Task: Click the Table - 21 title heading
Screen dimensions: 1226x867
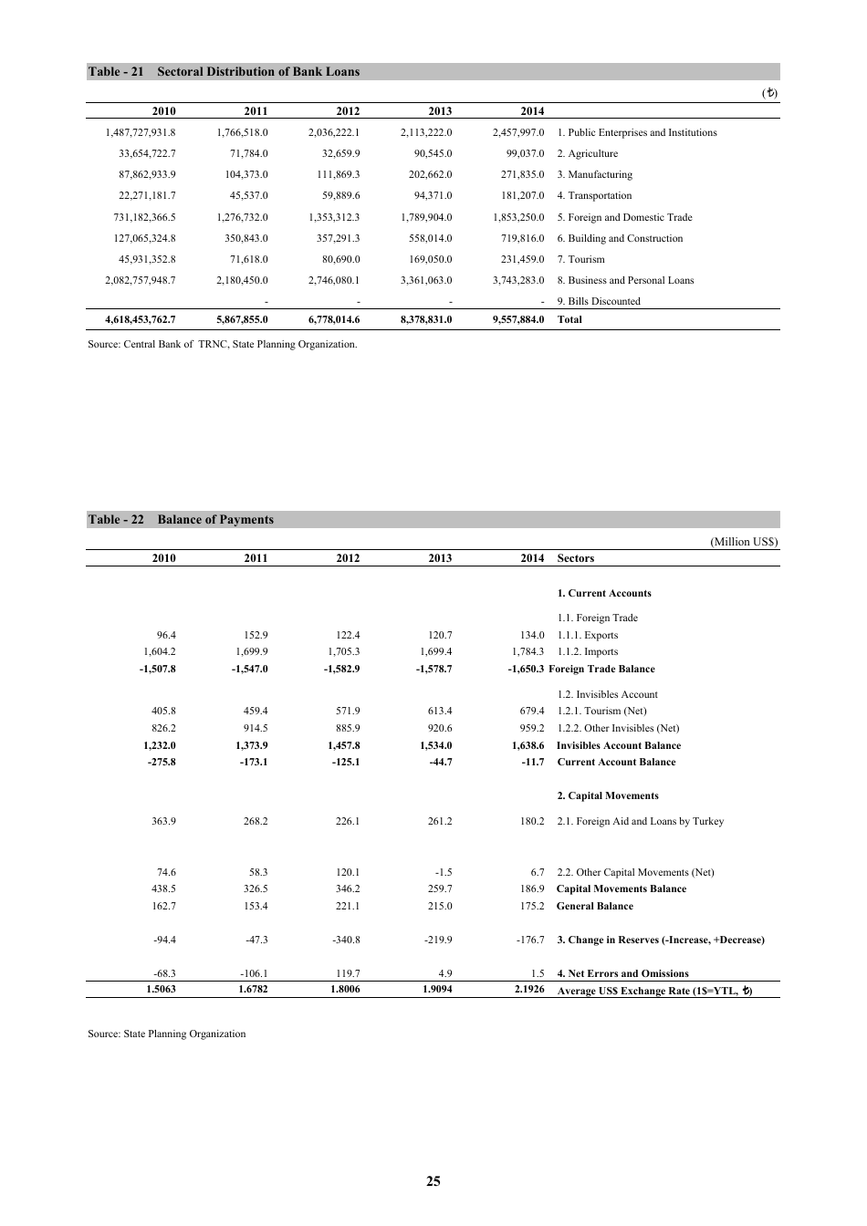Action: click(x=224, y=72)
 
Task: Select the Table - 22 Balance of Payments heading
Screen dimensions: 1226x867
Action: click(x=181, y=520)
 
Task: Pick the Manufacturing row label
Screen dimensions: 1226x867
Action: click(x=594, y=175)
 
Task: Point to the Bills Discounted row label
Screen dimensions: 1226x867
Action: click(x=599, y=302)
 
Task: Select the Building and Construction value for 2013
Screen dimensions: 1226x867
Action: click(x=429, y=239)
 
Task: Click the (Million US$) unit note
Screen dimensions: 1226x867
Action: click(x=744, y=542)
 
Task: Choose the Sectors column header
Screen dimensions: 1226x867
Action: click(x=575, y=559)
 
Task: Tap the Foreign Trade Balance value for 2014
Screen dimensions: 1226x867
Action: click(x=526, y=670)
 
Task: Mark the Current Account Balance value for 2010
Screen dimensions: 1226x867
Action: click(x=162, y=763)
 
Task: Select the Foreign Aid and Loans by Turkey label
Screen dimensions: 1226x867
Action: click(x=640, y=822)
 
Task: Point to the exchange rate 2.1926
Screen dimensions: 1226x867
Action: click(x=529, y=990)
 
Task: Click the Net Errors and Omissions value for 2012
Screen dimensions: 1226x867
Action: click(x=348, y=974)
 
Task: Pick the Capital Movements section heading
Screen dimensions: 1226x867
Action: click(x=607, y=796)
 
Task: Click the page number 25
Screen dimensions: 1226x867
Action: click(x=433, y=1181)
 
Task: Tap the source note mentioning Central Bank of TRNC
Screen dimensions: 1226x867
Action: click(x=222, y=345)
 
